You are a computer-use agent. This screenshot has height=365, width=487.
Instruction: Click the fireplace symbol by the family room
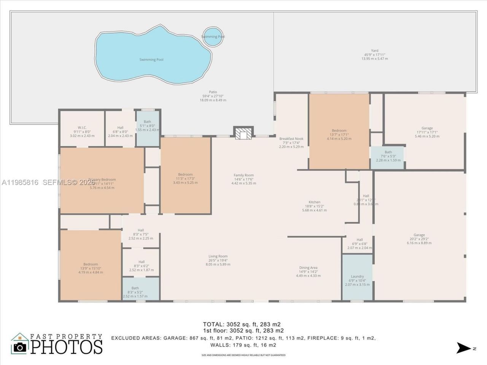[243, 133]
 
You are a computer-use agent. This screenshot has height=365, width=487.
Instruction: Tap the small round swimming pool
[213, 36]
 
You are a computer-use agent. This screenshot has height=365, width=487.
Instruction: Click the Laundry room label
[357, 276]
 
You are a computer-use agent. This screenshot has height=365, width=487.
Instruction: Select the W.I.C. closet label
[82, 128]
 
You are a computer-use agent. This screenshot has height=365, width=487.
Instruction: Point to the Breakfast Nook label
[291, 139]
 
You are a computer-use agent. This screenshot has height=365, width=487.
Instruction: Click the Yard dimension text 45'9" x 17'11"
[375, 54]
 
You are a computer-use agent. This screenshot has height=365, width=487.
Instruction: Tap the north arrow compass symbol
[463, 348]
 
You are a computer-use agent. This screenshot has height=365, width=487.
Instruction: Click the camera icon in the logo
[20, 346]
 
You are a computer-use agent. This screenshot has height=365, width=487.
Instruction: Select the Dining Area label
[308, 268]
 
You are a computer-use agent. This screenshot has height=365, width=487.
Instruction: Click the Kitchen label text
[314, 202]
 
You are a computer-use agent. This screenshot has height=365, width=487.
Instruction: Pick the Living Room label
[218, 256]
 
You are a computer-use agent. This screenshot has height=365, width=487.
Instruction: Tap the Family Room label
[243, 175]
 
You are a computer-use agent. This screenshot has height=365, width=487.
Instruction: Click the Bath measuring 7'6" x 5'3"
[388, 156]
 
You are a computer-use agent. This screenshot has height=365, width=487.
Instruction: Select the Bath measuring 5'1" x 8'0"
[147, 125]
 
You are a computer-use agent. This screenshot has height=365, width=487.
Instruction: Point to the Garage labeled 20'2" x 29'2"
[419, 239]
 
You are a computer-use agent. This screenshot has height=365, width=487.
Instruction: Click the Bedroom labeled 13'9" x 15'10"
[91, 268]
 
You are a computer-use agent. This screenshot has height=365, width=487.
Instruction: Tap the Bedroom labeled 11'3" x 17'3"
[185, 178]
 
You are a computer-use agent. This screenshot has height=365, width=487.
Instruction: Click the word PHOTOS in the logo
[67, 347]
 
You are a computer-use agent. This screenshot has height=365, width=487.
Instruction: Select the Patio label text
[213, 92]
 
